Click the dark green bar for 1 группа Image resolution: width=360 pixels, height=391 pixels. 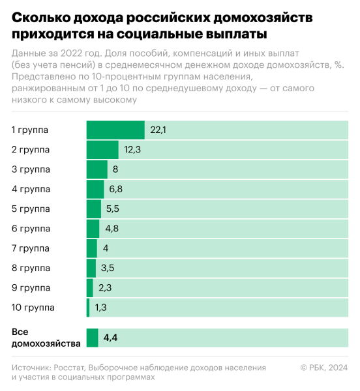(115, 130)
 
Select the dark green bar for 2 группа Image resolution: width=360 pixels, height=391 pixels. (102, 150)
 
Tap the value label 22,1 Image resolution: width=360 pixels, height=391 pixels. (158, 130)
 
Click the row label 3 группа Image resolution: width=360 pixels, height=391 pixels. (31, 169)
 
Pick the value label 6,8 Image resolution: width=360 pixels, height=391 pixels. (116, 190)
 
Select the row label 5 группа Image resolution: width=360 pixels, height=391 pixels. (31, 209)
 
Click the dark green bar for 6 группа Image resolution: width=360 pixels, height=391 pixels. (93, 229)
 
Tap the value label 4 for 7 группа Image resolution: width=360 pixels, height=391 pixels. (105, 248)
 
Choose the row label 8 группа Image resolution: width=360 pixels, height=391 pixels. (31, 268)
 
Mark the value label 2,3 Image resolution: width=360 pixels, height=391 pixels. (105, 288)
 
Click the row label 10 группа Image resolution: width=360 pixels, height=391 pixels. (33, 308)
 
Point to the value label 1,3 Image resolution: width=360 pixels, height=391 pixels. (101, 308)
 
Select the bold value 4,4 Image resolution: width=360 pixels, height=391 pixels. (110, 338)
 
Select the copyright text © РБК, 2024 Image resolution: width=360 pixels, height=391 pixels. (324, 368)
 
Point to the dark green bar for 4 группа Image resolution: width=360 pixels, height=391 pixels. (95, 190)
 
